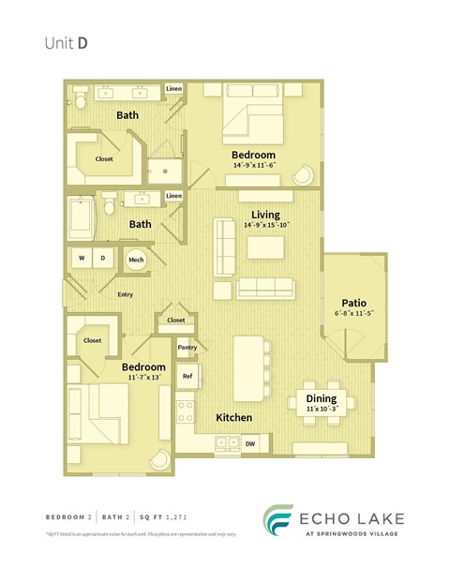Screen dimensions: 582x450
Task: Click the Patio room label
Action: (x=353, y=303)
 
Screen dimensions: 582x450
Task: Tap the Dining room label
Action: (x=322, y=397)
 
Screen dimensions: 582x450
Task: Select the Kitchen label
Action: (x=232, y=416)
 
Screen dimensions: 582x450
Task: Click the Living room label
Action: (x=265, y=215)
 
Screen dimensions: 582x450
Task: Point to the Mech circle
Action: (x=136, y=260)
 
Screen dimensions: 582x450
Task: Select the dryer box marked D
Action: (x=102, y=259)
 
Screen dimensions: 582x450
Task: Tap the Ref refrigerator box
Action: (x=187, y=376)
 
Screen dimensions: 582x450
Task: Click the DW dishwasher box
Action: (x=250, y=443)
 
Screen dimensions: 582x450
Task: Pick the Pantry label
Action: (x=187, y=347)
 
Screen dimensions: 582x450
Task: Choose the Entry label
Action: (x=125, y=294)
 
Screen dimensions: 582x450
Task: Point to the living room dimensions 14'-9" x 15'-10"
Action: (x=266, y=225)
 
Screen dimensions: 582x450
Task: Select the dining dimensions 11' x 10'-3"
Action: (x=322, y=409)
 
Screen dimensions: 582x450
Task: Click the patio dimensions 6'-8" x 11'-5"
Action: (x=353, y=314)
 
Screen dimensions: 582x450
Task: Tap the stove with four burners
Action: (x=186, y=410)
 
